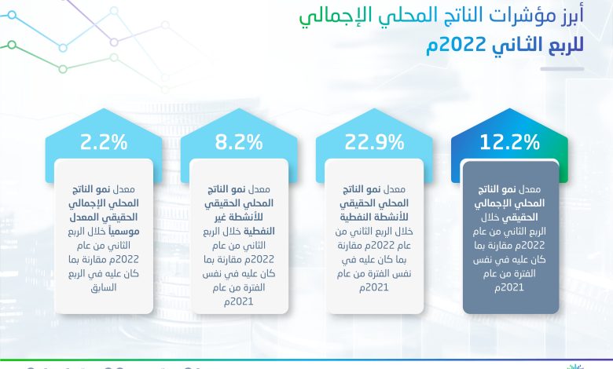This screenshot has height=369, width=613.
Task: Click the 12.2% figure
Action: click(x=509, y=142)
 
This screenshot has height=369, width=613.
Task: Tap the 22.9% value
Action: click(x=374, y=142)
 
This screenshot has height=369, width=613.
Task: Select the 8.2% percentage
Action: click(x=239, y=142)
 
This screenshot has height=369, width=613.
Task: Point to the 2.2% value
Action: click(x=104, y=142)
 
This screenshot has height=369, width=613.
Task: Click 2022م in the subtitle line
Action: click(x=455, y=46)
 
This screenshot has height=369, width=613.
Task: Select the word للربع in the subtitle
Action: click(x=562, y=46)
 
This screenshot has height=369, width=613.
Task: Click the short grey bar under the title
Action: click(x=562, y=69)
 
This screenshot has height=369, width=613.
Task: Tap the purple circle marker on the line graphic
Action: click(x=114, y=42)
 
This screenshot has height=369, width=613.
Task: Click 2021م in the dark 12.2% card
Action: click(x=509, y=288)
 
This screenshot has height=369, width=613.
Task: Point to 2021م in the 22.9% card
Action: click(x=374, y=288)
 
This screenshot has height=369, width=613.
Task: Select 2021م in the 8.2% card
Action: click(x=238, y=301)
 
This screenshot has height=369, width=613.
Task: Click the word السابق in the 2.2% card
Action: click(x=104, y=288)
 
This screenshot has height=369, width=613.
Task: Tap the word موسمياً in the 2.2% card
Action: click(x=123, y=232)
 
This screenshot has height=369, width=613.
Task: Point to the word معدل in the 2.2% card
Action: click(x=123, y=190)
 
